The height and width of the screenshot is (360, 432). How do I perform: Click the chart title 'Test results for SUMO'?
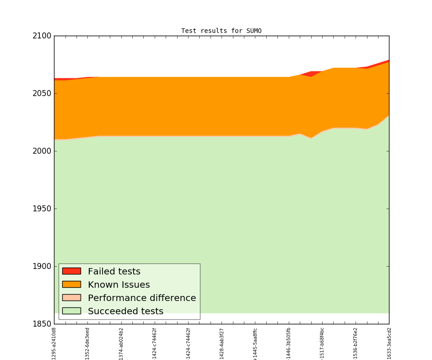pos(221,31)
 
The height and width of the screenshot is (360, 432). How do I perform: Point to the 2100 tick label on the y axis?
pos(42,36)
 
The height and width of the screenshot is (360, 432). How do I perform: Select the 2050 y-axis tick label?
pos(42,94)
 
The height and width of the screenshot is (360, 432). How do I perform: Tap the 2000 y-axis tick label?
pos(42,151)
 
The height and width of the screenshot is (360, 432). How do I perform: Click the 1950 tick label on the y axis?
pos(42,209)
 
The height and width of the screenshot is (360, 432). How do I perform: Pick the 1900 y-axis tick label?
pos(42,267)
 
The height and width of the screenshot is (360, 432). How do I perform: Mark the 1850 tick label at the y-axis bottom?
pos(42,324)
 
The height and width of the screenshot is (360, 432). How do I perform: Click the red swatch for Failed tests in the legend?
pos(71,271)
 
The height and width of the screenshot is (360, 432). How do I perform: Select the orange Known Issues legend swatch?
pos(71,285)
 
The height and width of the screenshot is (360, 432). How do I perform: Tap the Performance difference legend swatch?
pos(71,298)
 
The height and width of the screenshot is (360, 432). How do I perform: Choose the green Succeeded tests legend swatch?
pos(71,311)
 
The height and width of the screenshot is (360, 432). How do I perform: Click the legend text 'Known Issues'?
pos(119,285)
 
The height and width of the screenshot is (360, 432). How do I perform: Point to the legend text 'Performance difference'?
pos(142,298)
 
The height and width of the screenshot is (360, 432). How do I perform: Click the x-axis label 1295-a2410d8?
pos(54,343)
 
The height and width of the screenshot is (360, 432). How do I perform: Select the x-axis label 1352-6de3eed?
pos(87,343)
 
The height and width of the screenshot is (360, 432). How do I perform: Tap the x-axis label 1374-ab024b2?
pos(121,343)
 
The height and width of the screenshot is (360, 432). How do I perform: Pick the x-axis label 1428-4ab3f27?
pos(222,343)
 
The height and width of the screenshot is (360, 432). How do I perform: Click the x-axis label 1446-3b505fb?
pos(289,343)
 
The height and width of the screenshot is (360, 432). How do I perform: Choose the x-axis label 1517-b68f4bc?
pos(322,343)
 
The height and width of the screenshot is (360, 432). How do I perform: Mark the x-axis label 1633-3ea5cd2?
pos(389,343)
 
